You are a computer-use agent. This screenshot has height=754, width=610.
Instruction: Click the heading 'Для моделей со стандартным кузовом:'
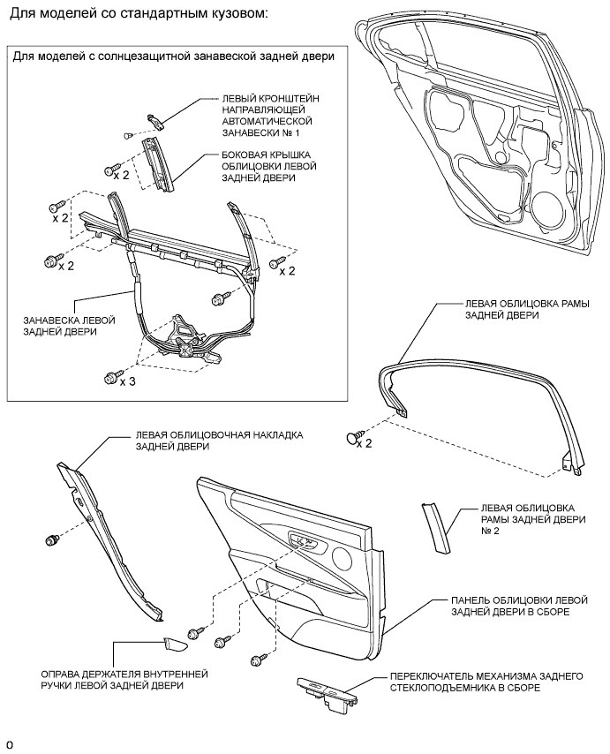[x=139, y=15]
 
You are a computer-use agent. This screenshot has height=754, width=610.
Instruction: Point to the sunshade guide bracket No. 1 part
[x=156, y=117]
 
